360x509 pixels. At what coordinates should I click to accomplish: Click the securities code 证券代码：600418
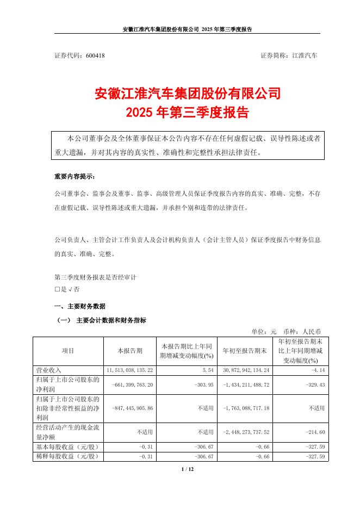click(79, 56)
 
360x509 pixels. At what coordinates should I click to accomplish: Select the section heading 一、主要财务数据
click(80, 306)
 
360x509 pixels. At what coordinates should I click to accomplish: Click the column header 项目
click(68, 351)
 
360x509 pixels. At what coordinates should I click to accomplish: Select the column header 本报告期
click(129, 351)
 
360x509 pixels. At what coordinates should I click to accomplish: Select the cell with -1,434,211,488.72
click(243, 384)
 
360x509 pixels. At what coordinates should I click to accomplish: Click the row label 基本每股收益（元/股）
click(66, 446)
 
